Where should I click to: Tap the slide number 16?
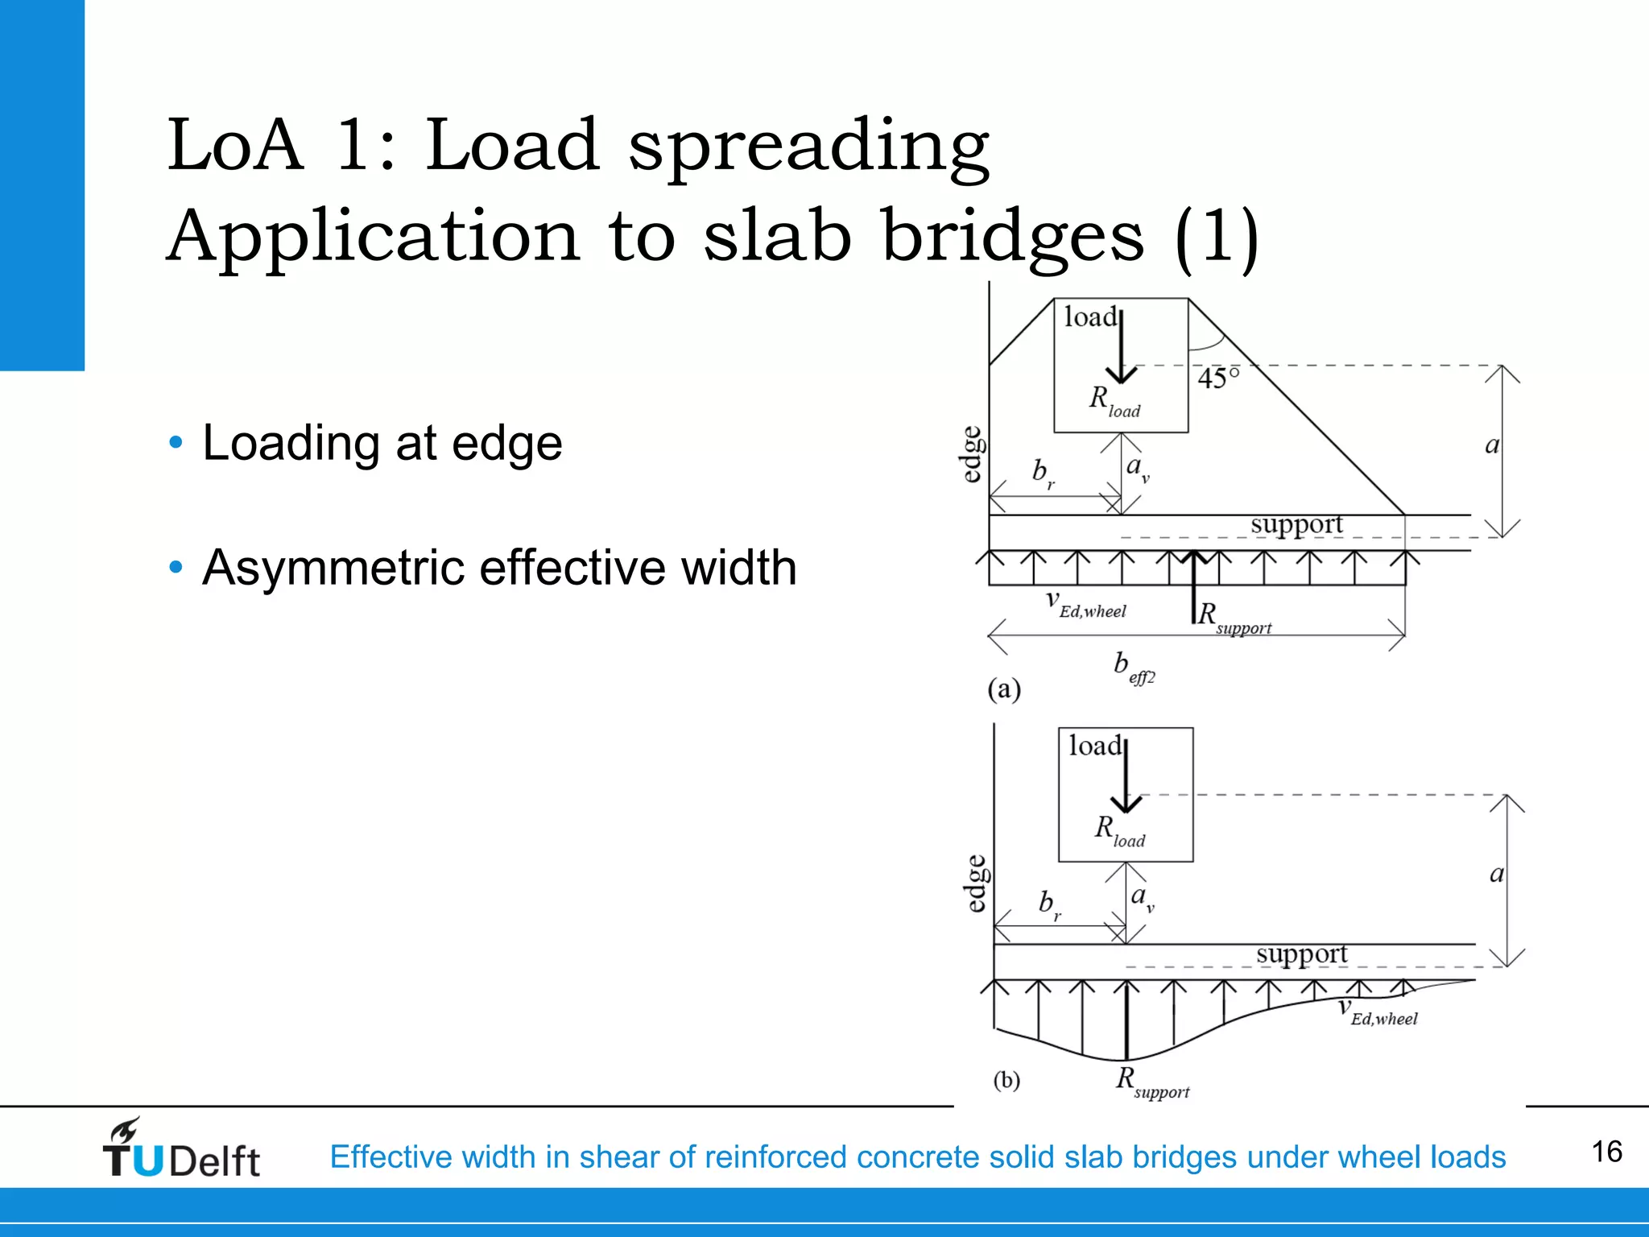coord(1606,1152)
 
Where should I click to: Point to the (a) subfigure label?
coord(1004,689)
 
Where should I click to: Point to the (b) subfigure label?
coord(1006,1079)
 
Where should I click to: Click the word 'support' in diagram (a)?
coord(1296,525)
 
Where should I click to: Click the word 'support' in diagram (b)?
coord(1301,955)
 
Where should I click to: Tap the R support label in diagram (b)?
coord(1151,1082)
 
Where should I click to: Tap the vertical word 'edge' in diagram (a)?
coord(973,454)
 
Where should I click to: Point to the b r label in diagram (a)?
coord(1044,474)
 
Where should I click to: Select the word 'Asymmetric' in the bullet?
coord(333,567)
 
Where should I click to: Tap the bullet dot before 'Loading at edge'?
coord(176,442)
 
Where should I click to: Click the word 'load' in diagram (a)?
coord(1090,317)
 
